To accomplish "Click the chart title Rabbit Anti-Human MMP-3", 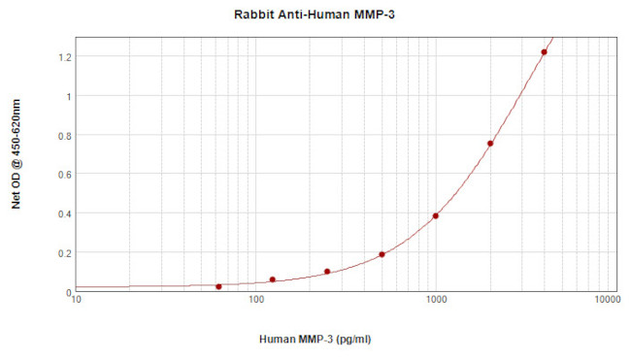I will pos(315,15).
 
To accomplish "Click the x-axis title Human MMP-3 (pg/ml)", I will pos(315,340).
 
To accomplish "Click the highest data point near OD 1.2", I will pos(544,52).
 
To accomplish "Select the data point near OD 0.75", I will pos(490,144).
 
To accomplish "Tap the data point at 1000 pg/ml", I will pos(436,215).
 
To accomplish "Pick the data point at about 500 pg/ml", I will pos(382,254).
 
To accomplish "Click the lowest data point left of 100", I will pos(218,286).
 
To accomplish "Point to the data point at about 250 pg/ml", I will pos(327,272).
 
